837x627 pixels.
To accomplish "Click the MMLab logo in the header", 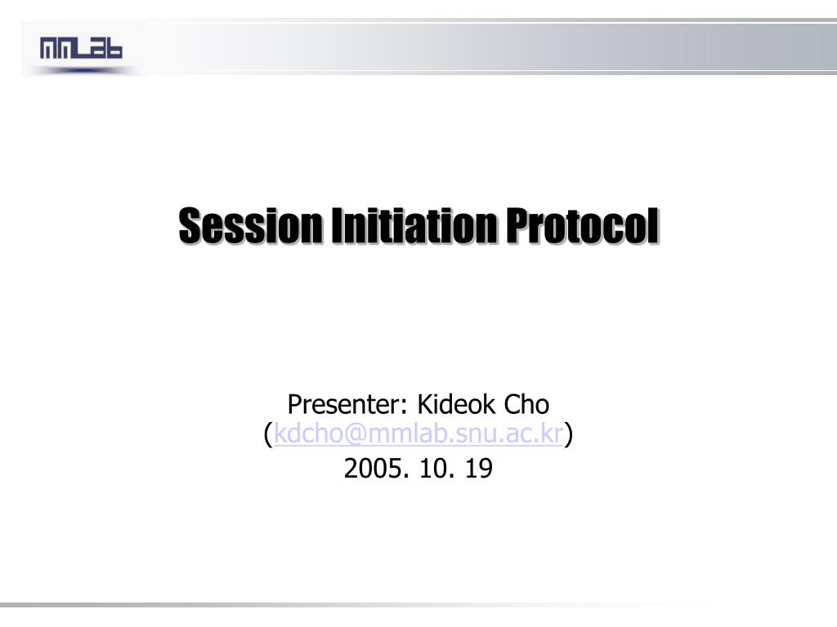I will (x=81, y=50).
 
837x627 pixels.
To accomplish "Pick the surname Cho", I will (x=526, y=404).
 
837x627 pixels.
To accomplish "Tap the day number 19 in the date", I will (x=478, y=469).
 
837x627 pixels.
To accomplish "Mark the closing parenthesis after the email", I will (x=568, y=436).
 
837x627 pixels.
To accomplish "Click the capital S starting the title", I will (x=190, y=226).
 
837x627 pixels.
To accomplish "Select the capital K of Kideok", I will (x=425, y=404).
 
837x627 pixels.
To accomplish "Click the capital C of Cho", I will (x=512, y=404).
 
